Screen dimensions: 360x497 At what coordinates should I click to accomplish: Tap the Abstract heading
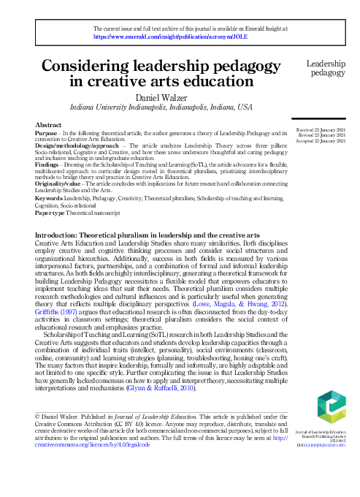(x=48, y=126)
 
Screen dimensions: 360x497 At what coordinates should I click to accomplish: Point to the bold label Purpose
(x=47, y=133)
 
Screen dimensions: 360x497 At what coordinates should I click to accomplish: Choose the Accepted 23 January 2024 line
(x=321, y=141)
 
